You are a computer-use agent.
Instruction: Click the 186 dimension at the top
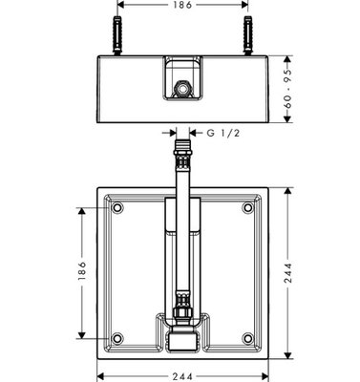183,5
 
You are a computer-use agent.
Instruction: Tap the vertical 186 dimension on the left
82,270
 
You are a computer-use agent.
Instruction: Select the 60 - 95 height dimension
287,89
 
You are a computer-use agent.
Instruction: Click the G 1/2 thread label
223,133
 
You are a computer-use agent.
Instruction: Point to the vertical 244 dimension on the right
287,273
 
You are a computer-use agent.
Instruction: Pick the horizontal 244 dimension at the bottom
182,377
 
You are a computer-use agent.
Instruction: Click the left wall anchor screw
117,35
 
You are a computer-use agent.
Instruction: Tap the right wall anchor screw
247,35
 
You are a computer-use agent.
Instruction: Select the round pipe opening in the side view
182,88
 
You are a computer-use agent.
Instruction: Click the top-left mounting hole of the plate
117,207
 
